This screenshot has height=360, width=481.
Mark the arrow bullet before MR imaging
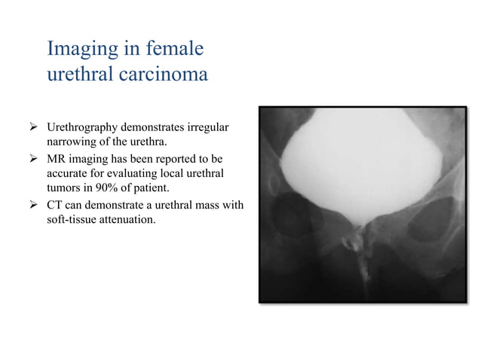click(x=32, y=159)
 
